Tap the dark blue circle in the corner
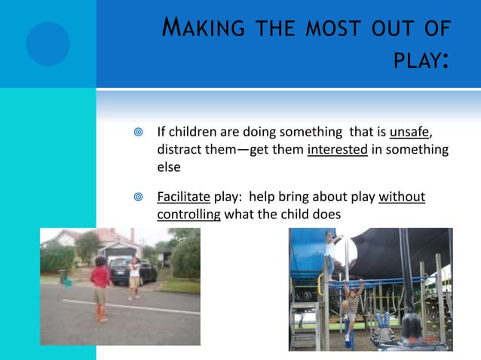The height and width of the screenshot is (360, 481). (x=47, y=43)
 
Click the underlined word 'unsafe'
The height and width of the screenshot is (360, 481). (x=409, y=133)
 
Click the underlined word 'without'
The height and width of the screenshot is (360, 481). (x=402, y=197)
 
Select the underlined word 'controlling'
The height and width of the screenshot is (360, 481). (x=188, y=214)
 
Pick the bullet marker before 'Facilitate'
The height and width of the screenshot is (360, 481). (x=136, y=198)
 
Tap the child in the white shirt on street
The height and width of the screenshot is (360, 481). (x=134, y=276)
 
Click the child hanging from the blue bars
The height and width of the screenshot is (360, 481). (x=352, y=301)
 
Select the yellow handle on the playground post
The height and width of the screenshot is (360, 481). (x=320, y=284)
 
